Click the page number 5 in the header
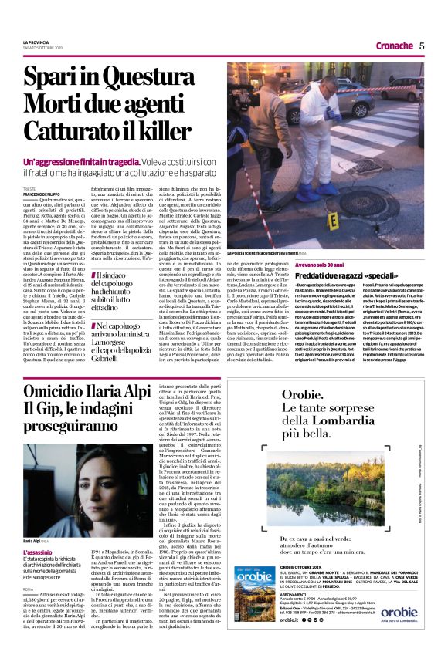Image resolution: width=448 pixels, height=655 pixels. (x=423, y=45)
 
